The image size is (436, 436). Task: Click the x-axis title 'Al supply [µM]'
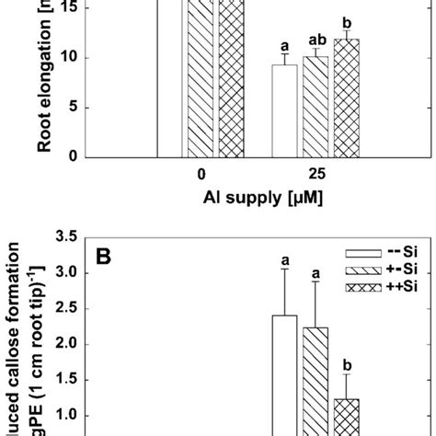click(x=259, y=196)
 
